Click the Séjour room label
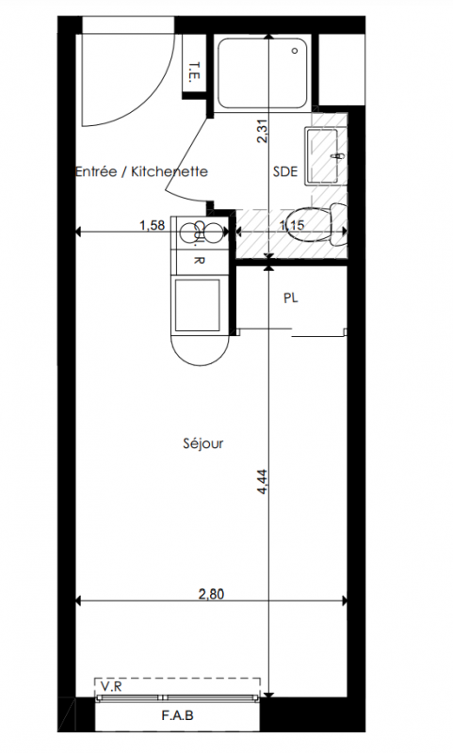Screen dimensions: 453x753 [x=203, y=443]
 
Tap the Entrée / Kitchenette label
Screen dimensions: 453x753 [x=141, y=171]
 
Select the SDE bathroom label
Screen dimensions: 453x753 [x=285, y=171]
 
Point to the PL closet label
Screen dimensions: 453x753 [x=291, y=297]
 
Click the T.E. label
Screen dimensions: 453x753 [x=195, y=72]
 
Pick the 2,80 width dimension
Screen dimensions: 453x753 [x=211, y=594]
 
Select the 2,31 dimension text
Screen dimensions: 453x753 [x=263, y=131]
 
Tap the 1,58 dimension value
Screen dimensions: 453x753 [x=153, y=225]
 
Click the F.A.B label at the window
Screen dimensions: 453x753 [x=177, y=715]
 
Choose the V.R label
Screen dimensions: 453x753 [x=111, y=687]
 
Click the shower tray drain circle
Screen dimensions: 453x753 [x=296, y=51]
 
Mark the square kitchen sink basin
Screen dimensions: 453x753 [x=198, y=305]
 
